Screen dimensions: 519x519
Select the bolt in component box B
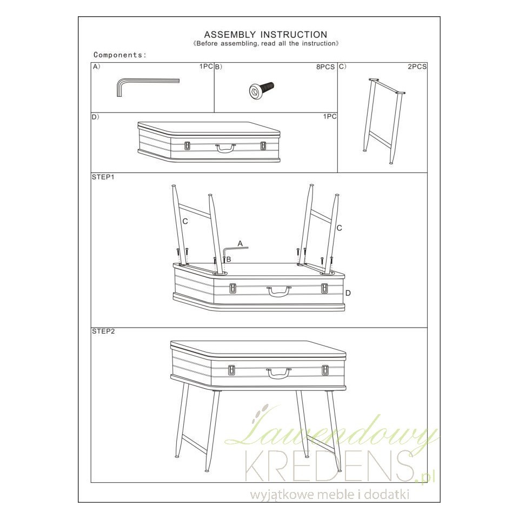(x=261, y=90)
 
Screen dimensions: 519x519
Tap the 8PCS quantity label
(x=325, y=67)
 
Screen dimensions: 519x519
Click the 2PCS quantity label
(x=417, y=66)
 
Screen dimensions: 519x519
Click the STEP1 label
(x=103, y=177)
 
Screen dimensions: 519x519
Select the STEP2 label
(x=103, y=331)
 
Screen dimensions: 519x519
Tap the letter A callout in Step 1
(x=240, y=244)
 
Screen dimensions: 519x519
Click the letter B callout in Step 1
(x=228, y=259)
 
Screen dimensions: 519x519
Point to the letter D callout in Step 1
(x=348, y=293)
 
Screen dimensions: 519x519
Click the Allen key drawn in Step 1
(x=236, y=248)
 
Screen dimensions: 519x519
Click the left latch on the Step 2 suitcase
(x=232, y=370)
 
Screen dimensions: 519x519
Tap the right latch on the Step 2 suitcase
(x=325, y=370)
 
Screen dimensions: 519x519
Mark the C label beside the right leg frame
(x=340, y=228)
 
